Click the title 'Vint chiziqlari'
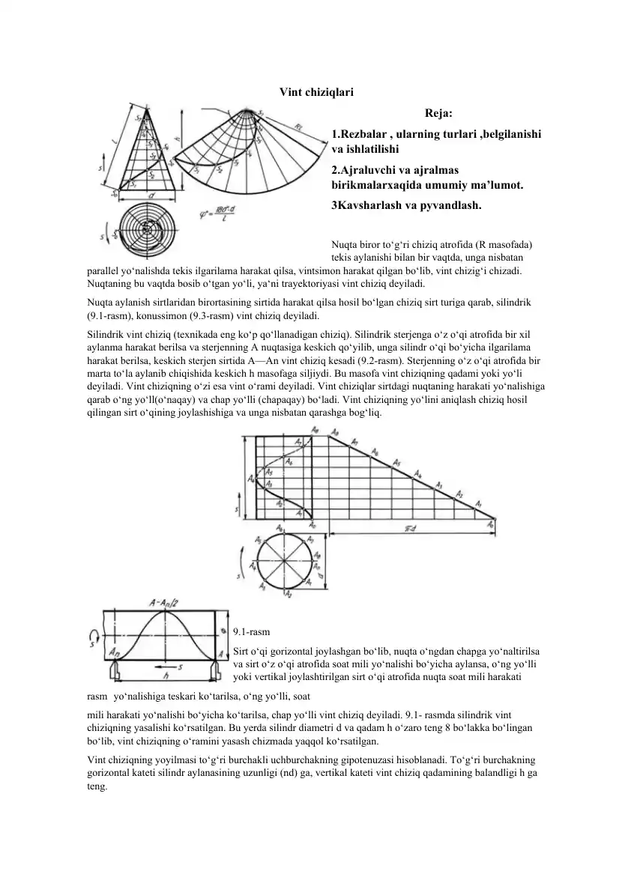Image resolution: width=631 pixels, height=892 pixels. click(316, 92)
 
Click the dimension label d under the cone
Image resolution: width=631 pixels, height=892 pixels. click(151, 196)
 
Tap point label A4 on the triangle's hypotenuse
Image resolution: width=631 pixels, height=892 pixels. click(418, 474)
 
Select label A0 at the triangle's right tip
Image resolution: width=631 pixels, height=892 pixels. click(491, 525)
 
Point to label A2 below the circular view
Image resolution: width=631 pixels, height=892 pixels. click(289, 593)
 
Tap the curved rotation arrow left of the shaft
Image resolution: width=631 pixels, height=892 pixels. click(94, 637)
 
